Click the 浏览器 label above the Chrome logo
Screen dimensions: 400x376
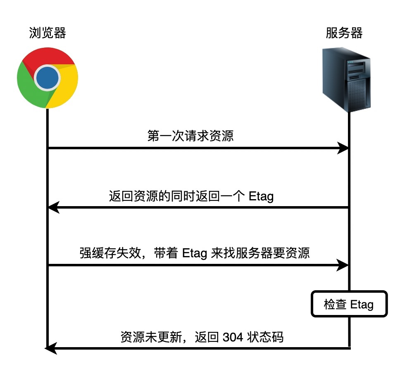48,33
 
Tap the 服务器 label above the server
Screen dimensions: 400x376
344,33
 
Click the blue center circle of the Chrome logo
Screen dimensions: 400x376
47,78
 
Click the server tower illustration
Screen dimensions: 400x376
346,80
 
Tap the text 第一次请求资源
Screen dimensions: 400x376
190,135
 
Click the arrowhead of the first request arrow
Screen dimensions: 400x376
343,148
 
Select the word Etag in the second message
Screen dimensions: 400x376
261,197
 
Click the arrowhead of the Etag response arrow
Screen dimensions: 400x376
54,207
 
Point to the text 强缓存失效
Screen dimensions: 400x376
110,253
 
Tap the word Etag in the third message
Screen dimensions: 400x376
195,253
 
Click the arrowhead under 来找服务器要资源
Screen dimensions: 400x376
343,265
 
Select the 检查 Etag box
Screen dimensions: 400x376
349,304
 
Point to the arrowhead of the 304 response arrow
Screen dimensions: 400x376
51,348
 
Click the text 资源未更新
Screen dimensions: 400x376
151,337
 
